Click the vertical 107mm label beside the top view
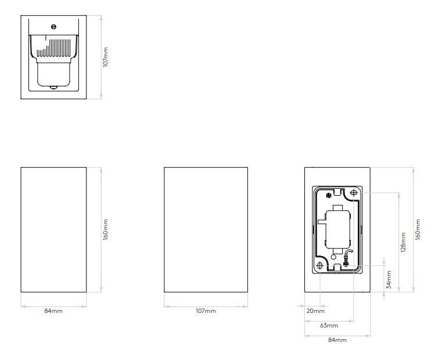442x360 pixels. [106, 57]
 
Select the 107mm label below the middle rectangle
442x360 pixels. [206, 311]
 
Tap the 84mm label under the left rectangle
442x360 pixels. [53, 311]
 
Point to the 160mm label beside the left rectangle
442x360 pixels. [106, 229]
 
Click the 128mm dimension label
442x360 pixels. [404, 242]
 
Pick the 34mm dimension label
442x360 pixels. [389, 280]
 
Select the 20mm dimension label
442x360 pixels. [315, 311]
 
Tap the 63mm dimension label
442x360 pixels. [329, 326]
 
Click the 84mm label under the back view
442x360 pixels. [337, 340]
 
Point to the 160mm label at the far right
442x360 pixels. [418, 229]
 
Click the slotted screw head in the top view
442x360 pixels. [53, 27]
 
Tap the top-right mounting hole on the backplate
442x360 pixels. [354, 193]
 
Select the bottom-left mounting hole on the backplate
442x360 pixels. [319, 265]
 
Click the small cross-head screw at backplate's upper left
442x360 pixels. [328, 195]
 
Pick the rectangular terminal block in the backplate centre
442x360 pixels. [337, 229]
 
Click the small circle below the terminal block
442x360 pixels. [333, 257]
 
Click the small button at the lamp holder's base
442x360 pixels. [53, 88]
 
